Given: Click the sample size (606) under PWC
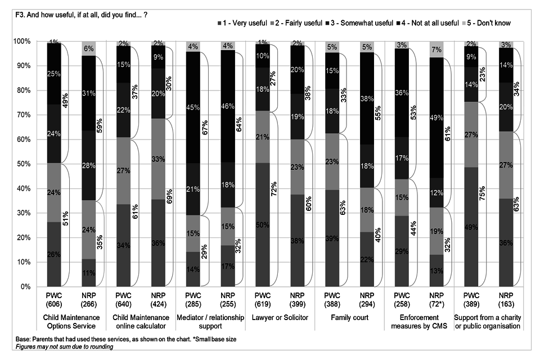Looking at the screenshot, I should (x=54, y=305).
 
